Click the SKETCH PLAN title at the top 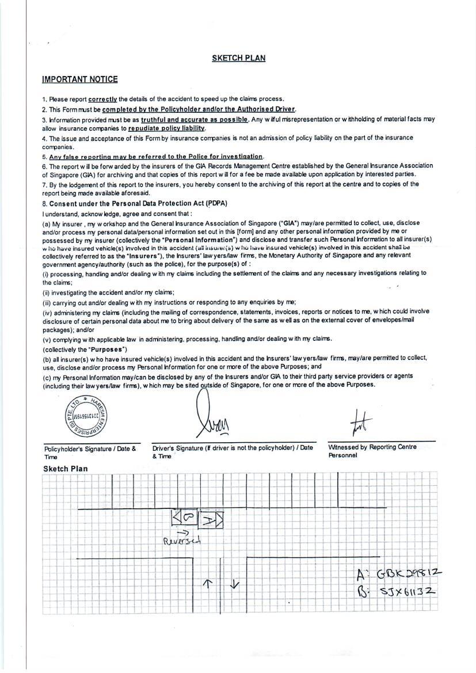(x=238, y=58)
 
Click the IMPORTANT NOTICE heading (x=79, y=79)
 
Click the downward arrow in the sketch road (x=234, y=584)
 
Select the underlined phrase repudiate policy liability (x=166, y=128)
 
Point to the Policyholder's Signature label (x=90, y=448)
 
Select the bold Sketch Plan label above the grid (x=66, y=469)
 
